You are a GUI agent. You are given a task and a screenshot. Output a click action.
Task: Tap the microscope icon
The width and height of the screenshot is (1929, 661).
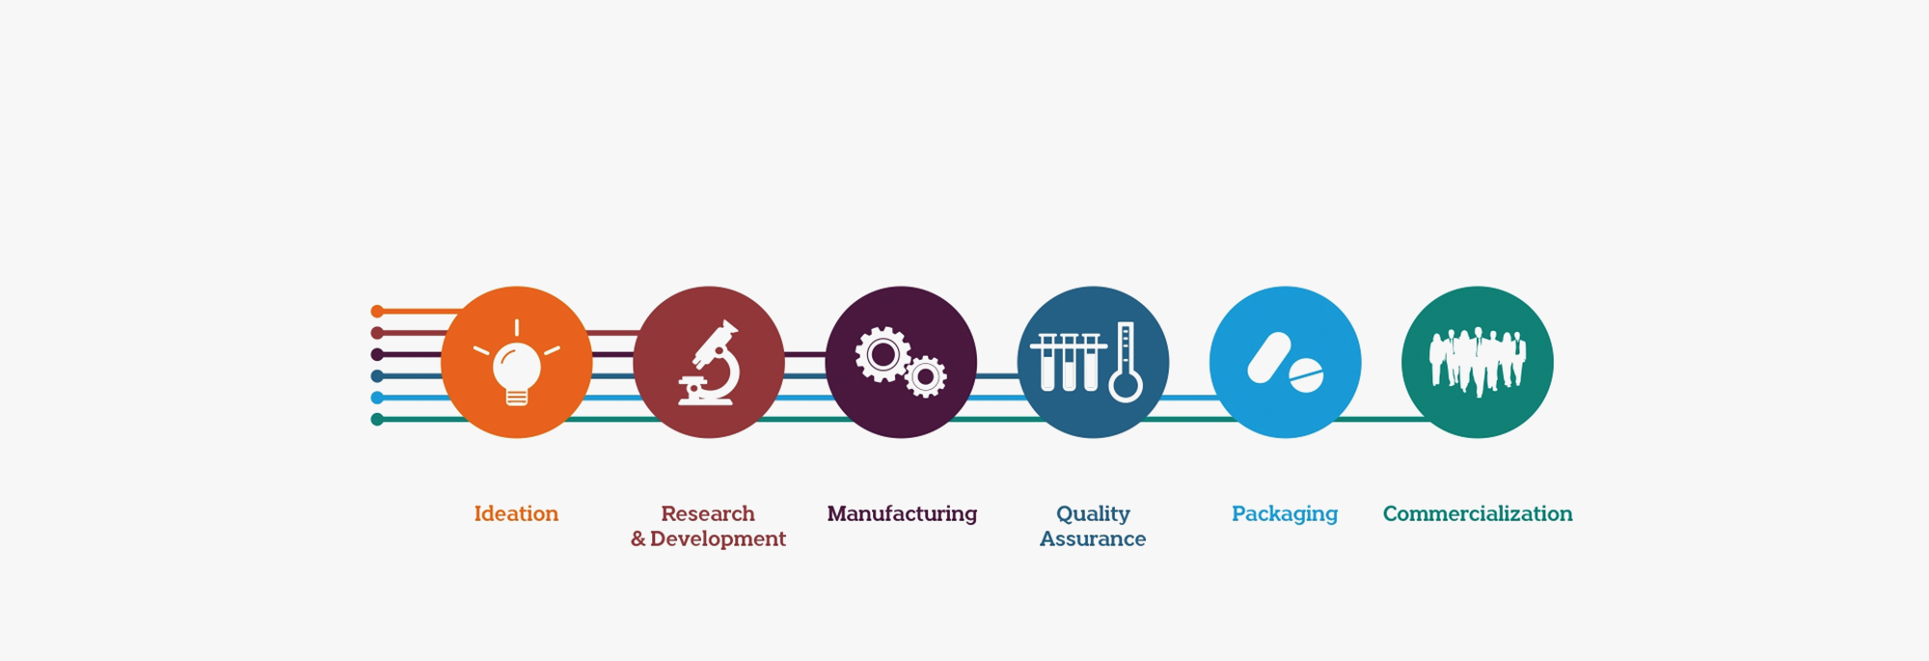point(709,363)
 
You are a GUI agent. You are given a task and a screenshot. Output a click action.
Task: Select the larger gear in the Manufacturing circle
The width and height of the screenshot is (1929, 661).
point(883,354)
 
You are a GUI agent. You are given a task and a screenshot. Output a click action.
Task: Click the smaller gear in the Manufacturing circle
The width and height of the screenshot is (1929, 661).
point(926,377)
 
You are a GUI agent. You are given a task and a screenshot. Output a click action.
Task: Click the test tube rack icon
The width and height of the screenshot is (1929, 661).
point(1069,362)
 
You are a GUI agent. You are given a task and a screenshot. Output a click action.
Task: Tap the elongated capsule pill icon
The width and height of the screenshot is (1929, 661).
point(1268,358)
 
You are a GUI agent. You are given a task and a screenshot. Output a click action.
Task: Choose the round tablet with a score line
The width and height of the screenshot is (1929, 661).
point(1306,376)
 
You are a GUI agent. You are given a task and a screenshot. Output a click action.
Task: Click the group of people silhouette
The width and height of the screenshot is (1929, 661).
point(1478,362)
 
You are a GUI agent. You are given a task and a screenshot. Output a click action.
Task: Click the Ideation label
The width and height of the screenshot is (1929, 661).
point(516,513)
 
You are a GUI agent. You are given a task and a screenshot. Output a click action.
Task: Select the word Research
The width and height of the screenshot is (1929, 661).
point(708,513)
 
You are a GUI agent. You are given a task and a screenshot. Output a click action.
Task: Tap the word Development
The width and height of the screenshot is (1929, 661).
point(718,538)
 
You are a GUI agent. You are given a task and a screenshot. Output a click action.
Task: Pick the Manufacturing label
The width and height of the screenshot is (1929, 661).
point(902,513)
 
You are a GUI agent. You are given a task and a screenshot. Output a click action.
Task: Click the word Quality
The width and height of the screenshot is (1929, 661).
point(1093,514)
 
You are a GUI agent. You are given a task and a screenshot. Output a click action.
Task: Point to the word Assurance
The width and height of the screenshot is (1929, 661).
point(1093,538)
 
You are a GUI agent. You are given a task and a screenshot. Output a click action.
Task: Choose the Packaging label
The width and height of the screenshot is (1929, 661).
point(1285,514)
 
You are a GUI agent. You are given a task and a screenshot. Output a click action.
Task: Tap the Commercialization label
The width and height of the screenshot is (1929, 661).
point(1478,513)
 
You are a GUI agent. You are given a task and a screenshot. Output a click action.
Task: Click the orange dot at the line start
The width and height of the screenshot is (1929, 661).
point(377,311)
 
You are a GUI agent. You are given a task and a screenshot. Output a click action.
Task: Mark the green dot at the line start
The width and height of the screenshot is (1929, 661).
point(377,419)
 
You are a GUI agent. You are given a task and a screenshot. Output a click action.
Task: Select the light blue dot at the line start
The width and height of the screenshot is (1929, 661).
point(377,398)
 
